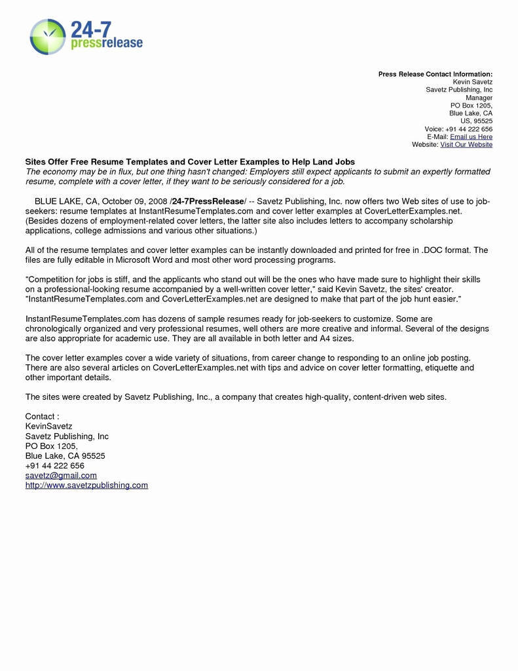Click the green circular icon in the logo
coord(48,36)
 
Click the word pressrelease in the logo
coord(105,43)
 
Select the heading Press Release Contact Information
coord(435,75)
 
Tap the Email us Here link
coord(471,137)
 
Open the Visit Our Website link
coord(466,145)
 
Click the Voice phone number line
coord(458,129)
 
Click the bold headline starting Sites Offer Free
coord(190,161)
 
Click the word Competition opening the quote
coord(51,279)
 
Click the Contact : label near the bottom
coord(42,416)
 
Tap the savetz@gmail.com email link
coord(61,475)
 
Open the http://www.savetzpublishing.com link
coord(86,485)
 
